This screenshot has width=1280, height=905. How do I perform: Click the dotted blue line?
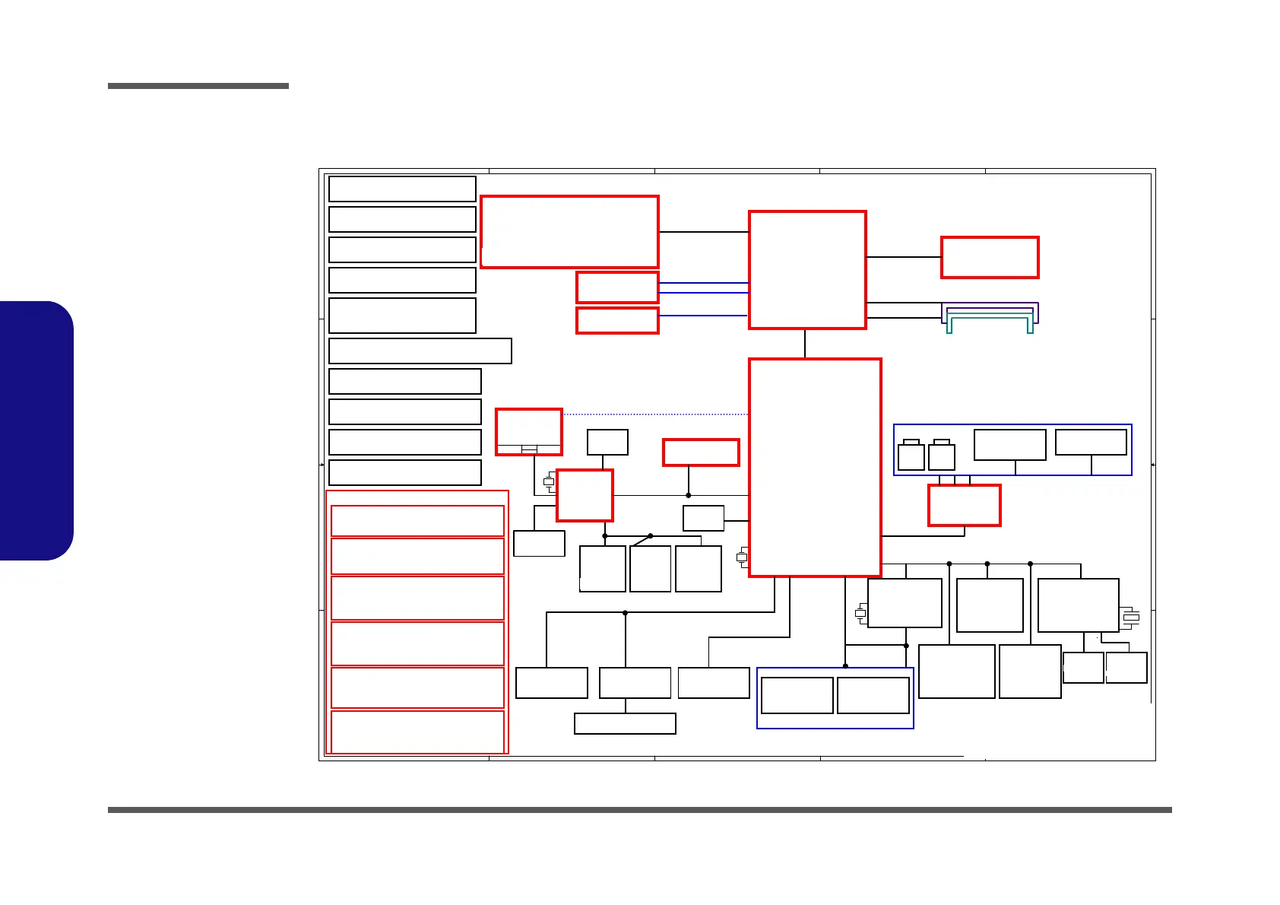pyautogui.click(x=654, y=414)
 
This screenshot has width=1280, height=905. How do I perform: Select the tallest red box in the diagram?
pyautogui.click(x=815, y=467)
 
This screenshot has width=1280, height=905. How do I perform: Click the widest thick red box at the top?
pyautogui.click(x=569, y=232)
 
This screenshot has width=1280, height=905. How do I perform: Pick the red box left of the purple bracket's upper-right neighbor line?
pyautogui.click(x=990, y=258)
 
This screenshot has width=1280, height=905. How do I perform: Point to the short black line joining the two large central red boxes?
pyautogui.click(x=805, y=344)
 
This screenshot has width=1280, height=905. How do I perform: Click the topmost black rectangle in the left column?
pyautogui.click(x=402, y=189)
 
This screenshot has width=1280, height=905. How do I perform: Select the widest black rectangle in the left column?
pyautogui.click(x=420, y=351)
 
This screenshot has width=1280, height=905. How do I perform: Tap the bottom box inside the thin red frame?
pyautogui.click(x=417, y=732)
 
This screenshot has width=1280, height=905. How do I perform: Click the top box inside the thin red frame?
pyautogui.click(x=417, y=521)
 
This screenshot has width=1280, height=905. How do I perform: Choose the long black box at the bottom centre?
pyautogui.click(x=625, y=723)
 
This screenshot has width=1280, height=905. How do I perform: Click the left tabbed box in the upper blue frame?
pyautogui.click(x=911, y=456)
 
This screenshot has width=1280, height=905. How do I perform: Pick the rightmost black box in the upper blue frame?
pyautogui.click(x=1091, y=442)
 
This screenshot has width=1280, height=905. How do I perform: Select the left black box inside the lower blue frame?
pyautogui.click(x=797, y=695)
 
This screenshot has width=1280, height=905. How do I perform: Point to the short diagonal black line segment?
pyautogui.click(x=642, y=541)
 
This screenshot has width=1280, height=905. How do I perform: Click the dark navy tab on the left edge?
pyautogui.click(x=36, y=430)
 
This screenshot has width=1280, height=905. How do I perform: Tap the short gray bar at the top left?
pyautogui.click(x=198, y=86)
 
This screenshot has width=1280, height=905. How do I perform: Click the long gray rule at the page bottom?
pyautogui.click(x=640, y=810)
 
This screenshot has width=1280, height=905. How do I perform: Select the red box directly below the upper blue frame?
pyautogui.click(x=964, y=506)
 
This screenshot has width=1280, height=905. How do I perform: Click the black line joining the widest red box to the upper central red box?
pyautogui.click(x=704, y=232)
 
